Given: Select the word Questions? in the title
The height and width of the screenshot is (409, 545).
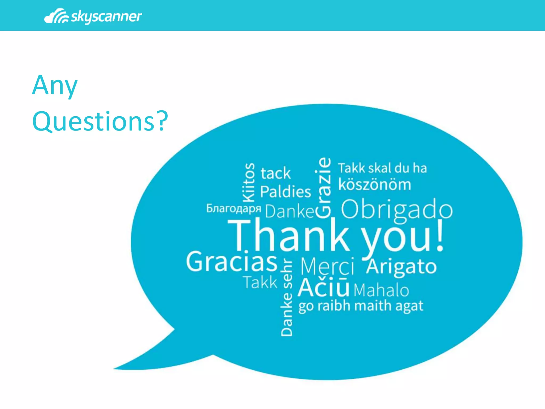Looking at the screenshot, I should click(100, 121).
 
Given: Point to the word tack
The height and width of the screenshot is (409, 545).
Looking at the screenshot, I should click(275, 173).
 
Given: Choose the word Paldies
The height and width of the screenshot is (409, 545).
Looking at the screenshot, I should click(286, 192).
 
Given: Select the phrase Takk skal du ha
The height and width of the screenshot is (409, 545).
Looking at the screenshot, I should click(382, 168).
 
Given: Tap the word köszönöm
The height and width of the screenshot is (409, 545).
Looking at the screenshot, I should click(375, 185).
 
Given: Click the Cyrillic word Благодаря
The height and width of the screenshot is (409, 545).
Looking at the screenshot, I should click(234, 208).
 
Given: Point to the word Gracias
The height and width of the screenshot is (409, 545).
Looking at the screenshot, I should click(232, 262).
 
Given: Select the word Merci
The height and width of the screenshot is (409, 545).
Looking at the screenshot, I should click(327, 266).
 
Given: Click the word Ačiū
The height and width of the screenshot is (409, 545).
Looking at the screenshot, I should click(323, 287).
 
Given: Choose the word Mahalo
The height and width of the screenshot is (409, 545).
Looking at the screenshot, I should click(381, 290).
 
